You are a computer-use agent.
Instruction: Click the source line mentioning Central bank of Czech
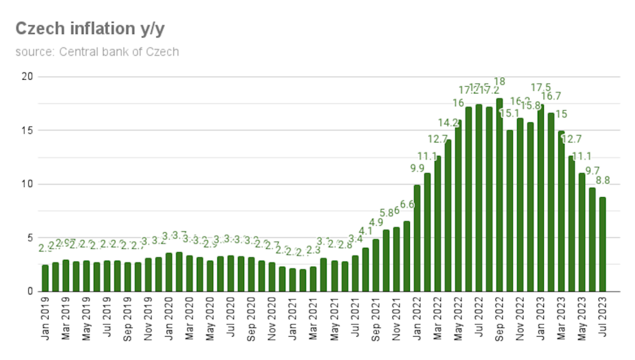(x=97, y=52)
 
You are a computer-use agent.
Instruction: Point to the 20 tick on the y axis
(x=26, y=76)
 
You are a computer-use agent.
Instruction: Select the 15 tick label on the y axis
(x=26, y=131)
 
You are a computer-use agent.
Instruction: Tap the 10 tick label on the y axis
(x=26, y=184)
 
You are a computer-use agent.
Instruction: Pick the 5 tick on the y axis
(x=29, y=238)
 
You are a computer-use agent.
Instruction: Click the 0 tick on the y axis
(x=29, y=292)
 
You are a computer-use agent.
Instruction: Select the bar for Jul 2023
(x=603, y=244)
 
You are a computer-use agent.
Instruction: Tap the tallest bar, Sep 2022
(x=500, y=195)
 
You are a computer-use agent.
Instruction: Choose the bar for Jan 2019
(x=45, y=278)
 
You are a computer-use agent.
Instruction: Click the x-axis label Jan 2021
(x=293, y=318)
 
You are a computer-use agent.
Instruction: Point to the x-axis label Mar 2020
(x=190, y=318)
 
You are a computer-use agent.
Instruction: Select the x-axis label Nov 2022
(x=520, y=318)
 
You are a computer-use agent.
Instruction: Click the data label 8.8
(x=603, y=180)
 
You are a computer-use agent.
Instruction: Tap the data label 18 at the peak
(x=500, y=82)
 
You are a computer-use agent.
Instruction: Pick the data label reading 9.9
(x=417, y=168)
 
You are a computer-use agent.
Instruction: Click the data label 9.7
(x=593, y=171)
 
